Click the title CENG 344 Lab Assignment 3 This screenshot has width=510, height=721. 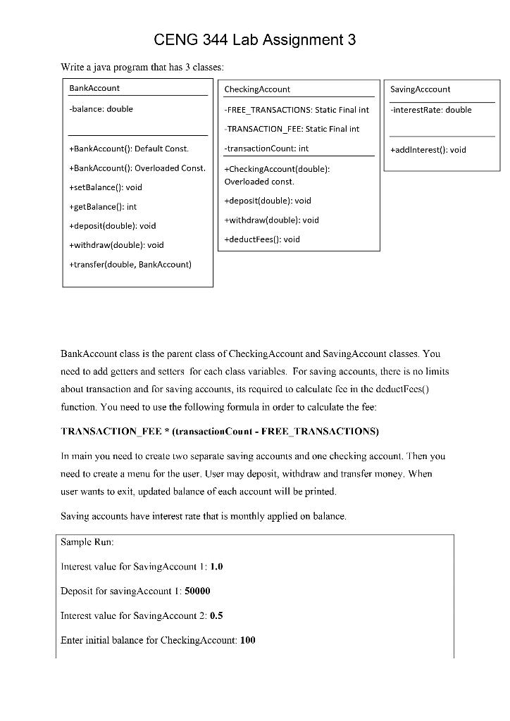tap(254, 40)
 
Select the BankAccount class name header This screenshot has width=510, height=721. tap(94, 88)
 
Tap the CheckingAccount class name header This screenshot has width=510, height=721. tap(257, 89)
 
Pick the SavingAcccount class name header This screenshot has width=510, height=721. tap(420, 89)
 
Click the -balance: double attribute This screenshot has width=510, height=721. tap(101, 109)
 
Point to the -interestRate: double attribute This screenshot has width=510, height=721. tap(430, 110)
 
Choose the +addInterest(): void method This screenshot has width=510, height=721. tap(428, 149)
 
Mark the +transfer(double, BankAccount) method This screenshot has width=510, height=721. tap(130, 264)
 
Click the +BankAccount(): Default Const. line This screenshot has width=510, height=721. tap(129, 149)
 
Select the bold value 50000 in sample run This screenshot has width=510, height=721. tap(197, 591)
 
